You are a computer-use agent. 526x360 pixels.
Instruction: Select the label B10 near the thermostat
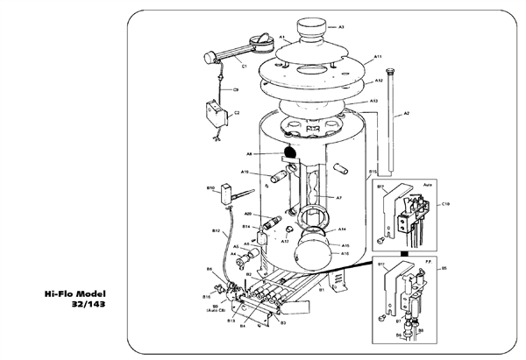211,188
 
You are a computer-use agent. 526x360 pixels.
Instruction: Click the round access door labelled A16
314,254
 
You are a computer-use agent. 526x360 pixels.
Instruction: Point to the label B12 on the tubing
216,230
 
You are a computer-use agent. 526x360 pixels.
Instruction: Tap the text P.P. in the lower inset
427,262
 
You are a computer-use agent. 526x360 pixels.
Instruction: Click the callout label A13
373,102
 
